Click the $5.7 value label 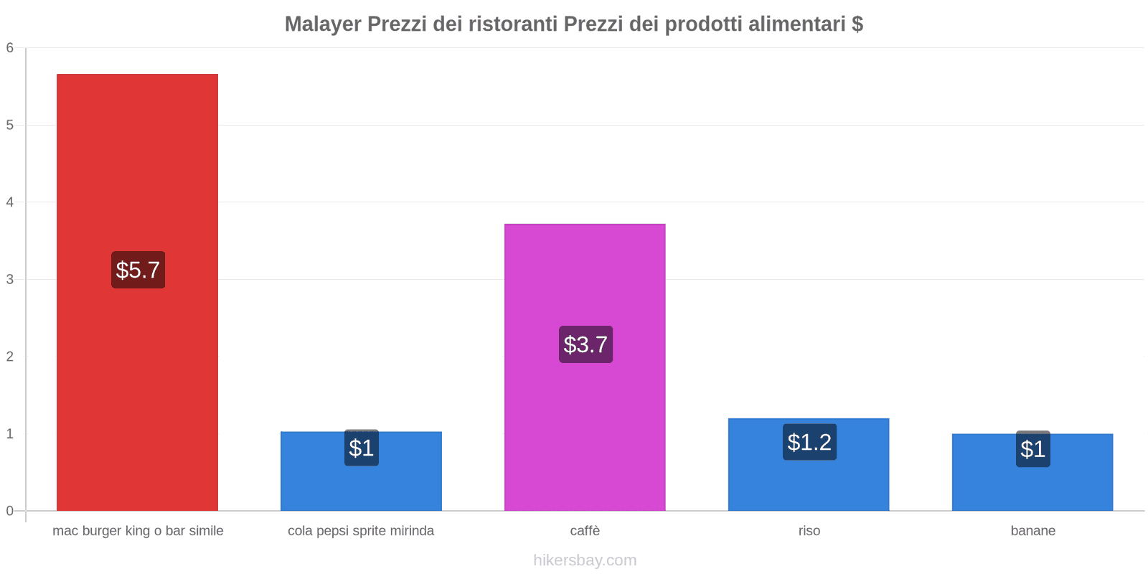tap(138, 270)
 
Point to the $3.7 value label tap(585, 344)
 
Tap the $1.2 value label tap(809, 442)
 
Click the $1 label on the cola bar tap(361, 448)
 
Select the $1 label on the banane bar tap(1032, 449)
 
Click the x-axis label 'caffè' tap(585, 531)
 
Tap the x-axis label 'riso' tap(809, 531)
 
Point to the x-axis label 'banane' tap(1032, 531)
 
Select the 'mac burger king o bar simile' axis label tap(138, 531)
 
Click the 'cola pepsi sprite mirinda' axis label tap(361, 531)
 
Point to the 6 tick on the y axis tap(10, 48)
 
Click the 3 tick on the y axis tap(10, 279)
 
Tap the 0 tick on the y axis tap(10, 511)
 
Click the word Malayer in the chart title tap(322, 24)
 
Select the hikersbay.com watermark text tap(585, 560)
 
